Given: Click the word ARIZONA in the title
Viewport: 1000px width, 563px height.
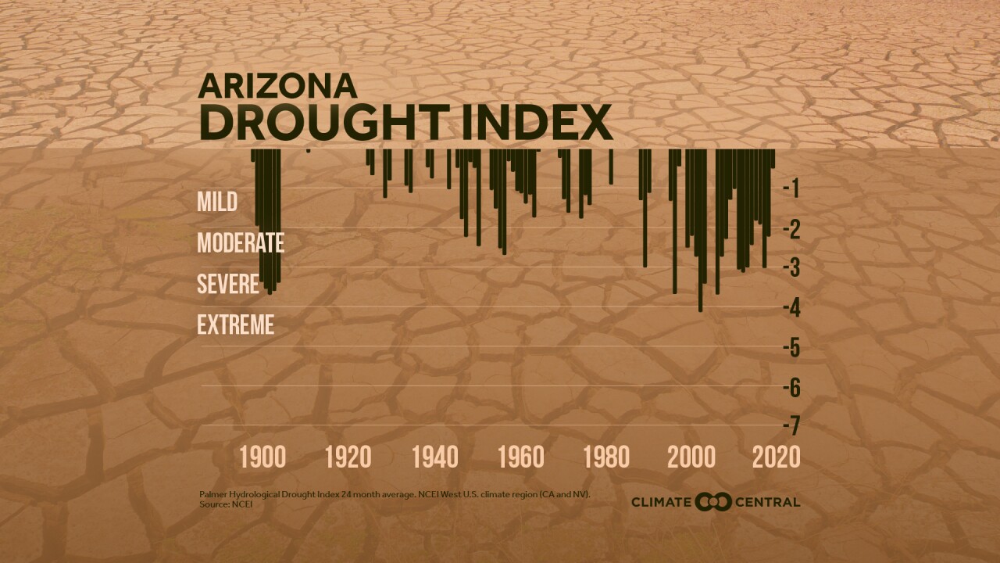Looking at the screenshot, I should tap(277, 85).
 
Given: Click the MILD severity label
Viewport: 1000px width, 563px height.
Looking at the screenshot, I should tap(217, 202).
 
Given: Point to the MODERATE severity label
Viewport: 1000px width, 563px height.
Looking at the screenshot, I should tap(241, 242).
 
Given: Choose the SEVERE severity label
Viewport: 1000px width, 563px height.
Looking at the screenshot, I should tap(228, 284).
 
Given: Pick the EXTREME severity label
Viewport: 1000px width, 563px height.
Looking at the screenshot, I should tap(236, 325).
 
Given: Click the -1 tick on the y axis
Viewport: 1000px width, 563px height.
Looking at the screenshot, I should tap(790, 188).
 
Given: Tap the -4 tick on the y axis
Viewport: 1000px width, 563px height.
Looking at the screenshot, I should tap(790, 307).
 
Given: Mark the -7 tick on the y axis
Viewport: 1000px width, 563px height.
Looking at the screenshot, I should tap(790, 426).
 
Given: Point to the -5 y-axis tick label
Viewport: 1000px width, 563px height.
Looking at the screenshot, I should tap(790, 347).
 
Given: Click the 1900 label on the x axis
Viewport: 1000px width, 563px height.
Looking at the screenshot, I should tap(262, 457).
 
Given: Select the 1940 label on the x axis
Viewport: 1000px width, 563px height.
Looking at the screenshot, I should tap(434, 457).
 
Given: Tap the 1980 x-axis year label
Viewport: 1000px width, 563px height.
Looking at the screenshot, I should tap(605, 457).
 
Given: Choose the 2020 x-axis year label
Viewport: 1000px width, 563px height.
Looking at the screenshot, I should tap(777, 457).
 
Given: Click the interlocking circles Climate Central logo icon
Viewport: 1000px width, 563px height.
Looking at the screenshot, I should tap(712, 502).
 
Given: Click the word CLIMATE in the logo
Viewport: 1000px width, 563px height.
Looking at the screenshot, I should tap(661, 502).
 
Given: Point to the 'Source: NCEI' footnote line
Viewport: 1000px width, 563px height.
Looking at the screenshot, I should tap(226, 504).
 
